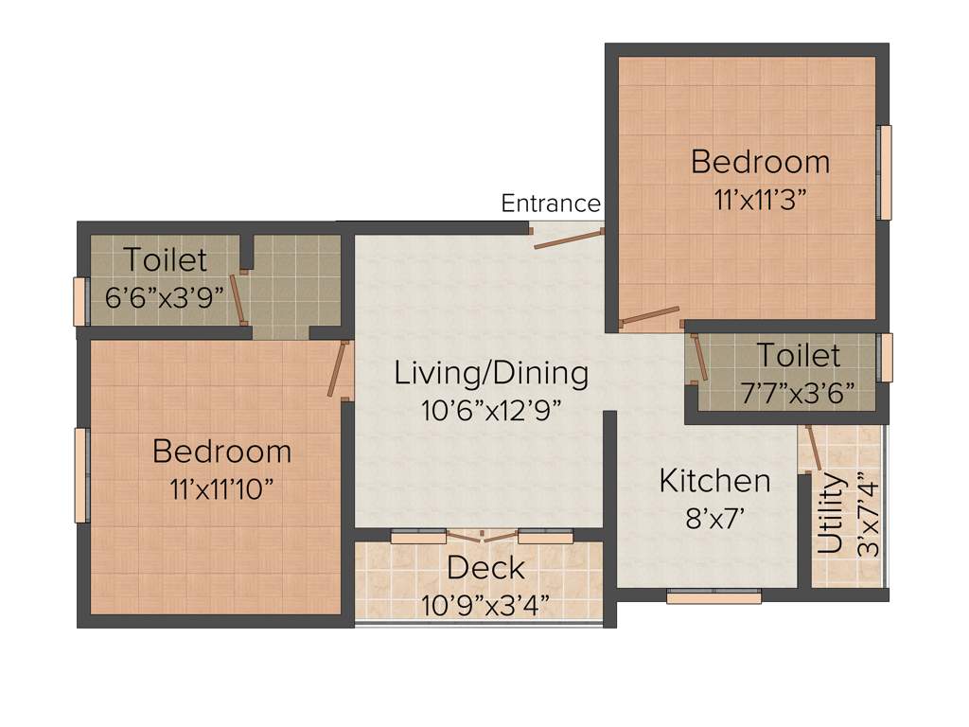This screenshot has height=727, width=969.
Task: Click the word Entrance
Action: tap(550, 204)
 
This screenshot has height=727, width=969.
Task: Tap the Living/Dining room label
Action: tap(491, 373)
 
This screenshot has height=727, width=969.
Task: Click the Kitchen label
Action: tap(714, 481)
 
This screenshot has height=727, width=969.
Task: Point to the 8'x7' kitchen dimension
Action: tap(714, 518)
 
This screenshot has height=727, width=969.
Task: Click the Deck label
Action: tap(485, 568)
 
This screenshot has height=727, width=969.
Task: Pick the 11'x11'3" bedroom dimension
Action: tap(760, 200)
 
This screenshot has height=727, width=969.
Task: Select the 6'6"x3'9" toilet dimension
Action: tap(164, 295)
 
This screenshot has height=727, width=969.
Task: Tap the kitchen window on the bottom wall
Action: tap(714, 597)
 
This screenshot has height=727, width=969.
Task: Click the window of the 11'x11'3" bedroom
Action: tap(886, 172)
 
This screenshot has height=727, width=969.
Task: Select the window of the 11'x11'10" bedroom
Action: tap(81, 474)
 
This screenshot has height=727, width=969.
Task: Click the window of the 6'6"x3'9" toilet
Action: tap(80, 302)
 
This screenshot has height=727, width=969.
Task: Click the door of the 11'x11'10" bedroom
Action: tap(335, 369)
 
